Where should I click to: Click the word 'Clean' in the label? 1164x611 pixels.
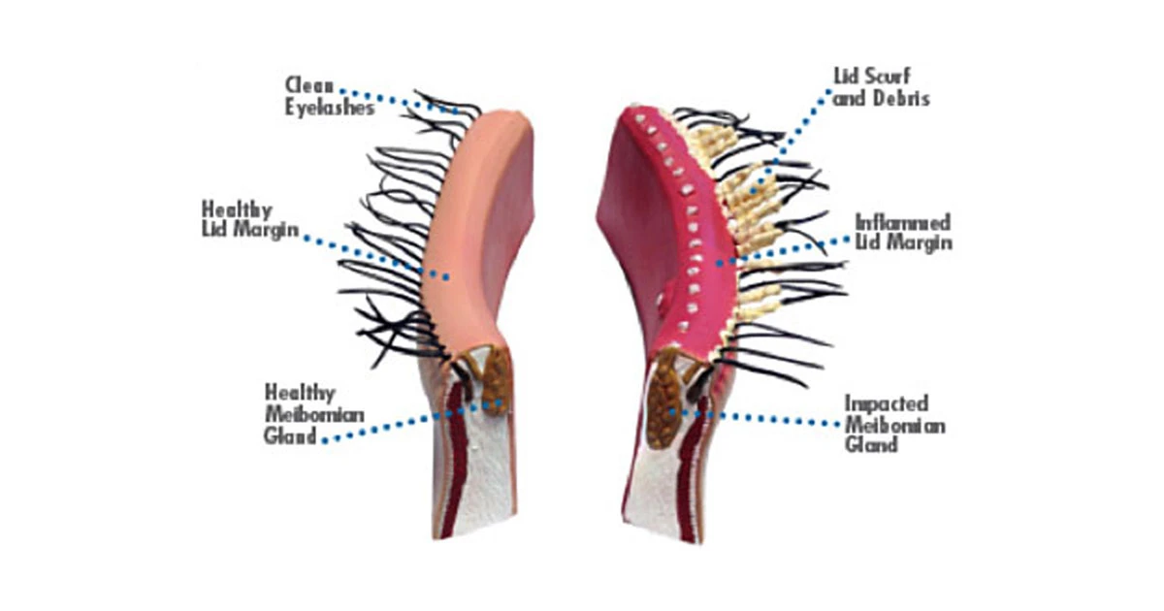click(308, 85)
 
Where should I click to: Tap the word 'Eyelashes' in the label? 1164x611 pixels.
click(330, 107)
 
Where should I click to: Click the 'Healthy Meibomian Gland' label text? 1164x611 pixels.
click(302, 414)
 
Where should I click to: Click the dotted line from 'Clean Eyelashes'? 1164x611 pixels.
click(407, 101)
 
